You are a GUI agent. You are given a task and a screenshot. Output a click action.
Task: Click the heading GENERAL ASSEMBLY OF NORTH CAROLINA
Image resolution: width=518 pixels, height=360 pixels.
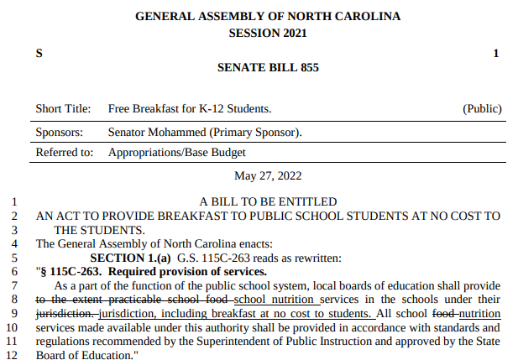pos(268,16)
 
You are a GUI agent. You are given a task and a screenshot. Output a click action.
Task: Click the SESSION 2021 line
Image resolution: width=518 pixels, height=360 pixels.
pos(268,34)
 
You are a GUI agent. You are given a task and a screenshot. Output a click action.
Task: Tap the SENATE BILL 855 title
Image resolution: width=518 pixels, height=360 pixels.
pos(268,67)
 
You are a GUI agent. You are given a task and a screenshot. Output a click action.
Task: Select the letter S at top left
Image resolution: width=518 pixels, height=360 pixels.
pos(39,53)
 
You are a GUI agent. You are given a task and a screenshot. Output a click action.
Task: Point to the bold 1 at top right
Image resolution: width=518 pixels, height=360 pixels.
pos(496,53)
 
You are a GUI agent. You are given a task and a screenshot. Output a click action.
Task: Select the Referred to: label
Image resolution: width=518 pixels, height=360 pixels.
pos(64,153)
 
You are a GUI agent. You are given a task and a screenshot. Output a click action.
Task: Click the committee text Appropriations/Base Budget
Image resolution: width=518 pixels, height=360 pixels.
pos(176,153)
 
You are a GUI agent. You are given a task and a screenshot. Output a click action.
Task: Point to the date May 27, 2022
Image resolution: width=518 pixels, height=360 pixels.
pos(268,175)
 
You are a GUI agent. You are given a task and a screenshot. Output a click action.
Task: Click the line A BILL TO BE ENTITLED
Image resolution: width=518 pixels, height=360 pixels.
pos(268,201)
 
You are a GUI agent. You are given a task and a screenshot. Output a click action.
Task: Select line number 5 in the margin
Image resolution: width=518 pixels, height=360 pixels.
pos(14,258)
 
